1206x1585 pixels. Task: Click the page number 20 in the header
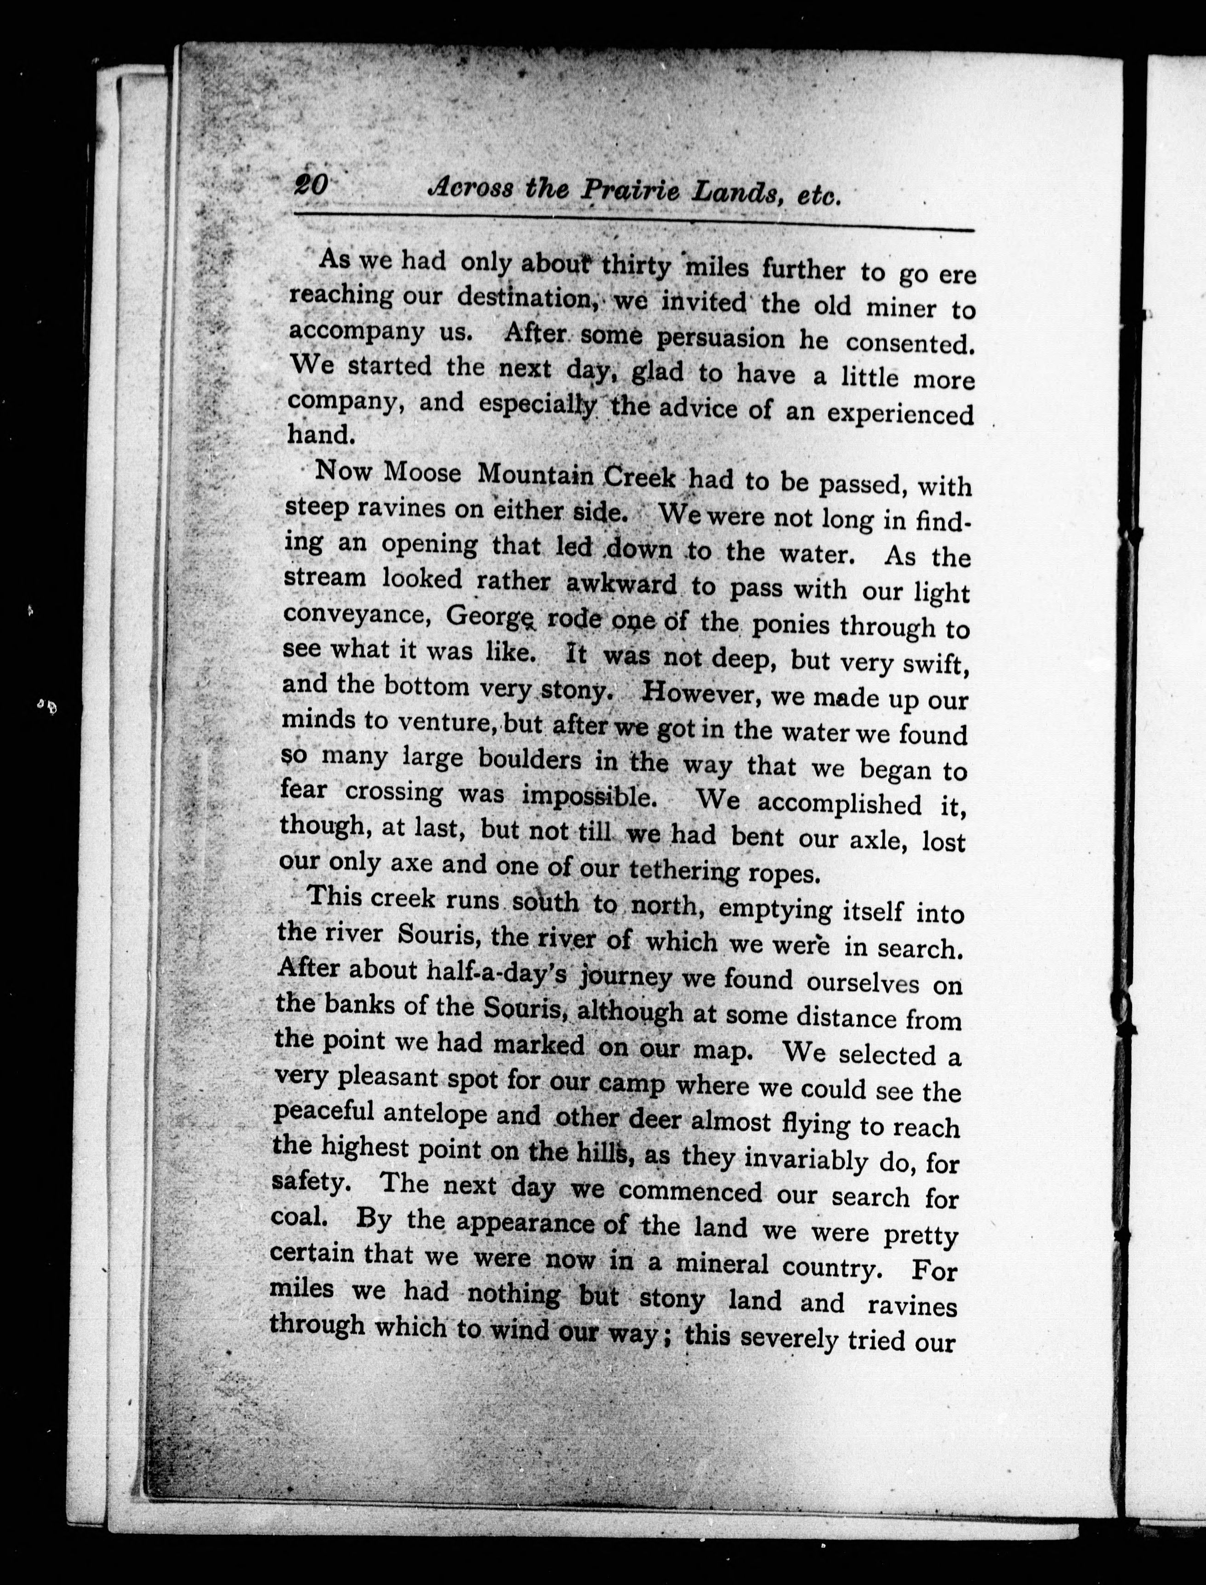coord(310,186)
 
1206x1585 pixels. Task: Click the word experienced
coord(900,414)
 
